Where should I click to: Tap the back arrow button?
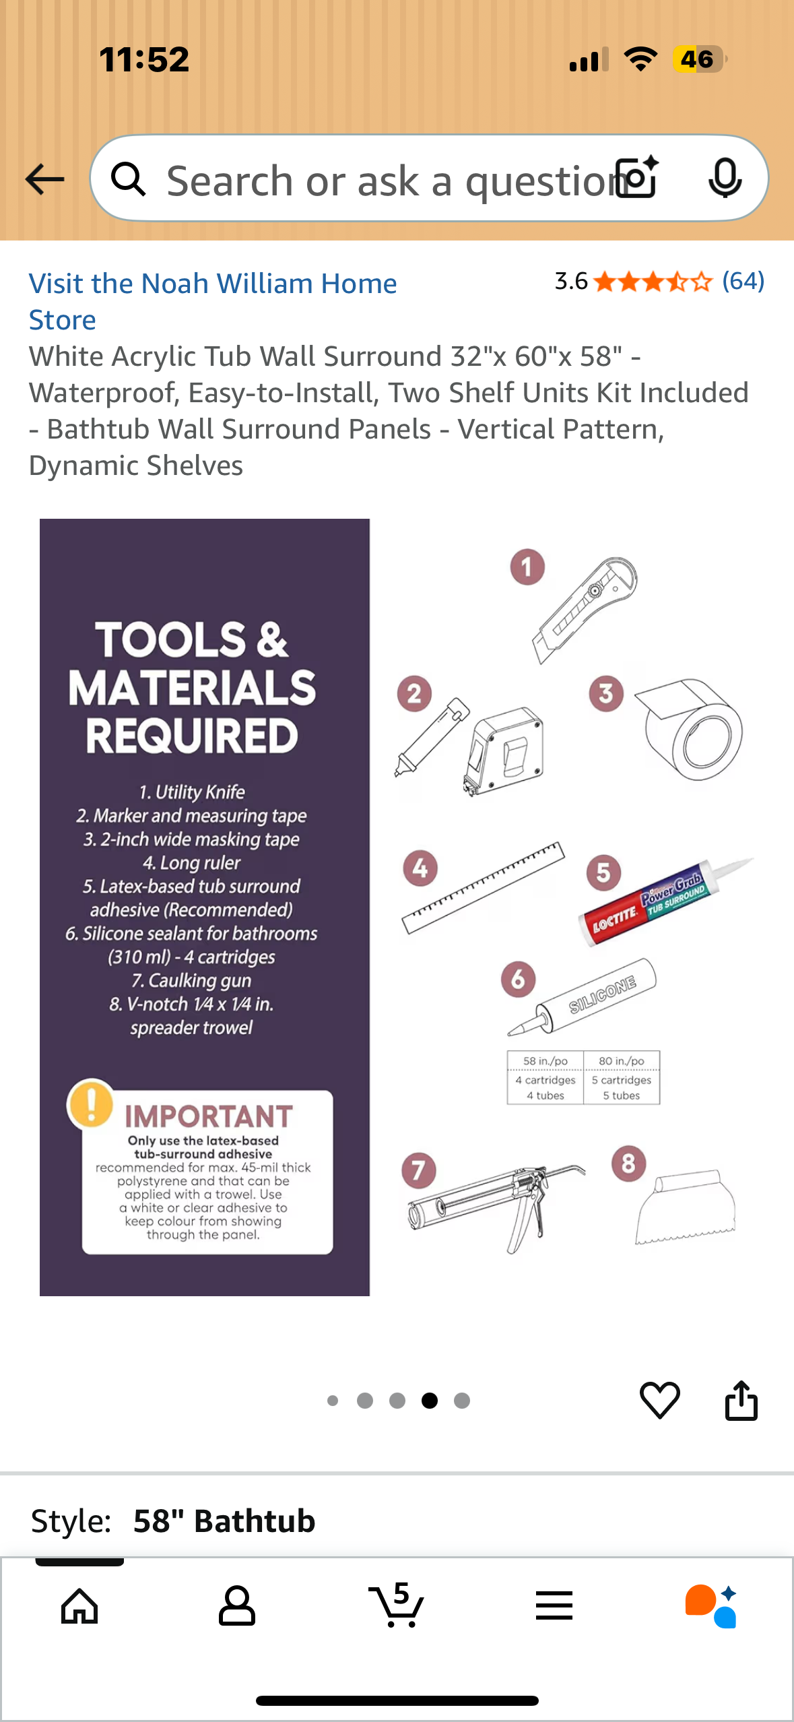coord(44,179)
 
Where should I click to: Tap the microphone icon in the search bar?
coord(725,179)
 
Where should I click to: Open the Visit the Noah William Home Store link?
coord(213,301)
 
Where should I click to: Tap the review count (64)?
coord(743,281)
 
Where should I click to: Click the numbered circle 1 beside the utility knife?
coord(527,567)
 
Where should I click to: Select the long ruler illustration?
coord(483,887)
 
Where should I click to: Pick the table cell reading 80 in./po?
coord(622,1061)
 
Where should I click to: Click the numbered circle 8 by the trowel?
coord(628,1163)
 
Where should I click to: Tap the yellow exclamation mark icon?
coord(90,1103)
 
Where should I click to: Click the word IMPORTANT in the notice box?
coord(209,1116)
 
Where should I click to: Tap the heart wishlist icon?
coord(659,1400)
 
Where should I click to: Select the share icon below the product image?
coord(741,1400)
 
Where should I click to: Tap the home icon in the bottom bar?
coord(79,1606)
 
